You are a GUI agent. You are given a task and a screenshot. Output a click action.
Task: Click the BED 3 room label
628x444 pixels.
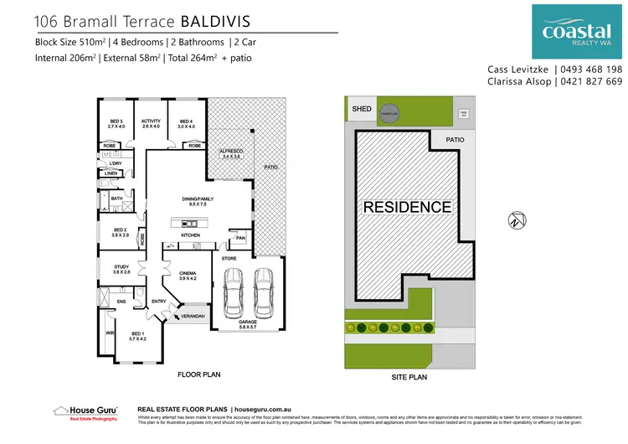coord(116,123)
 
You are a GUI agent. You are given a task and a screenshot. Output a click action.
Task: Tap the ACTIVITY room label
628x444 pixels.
coord(151,123)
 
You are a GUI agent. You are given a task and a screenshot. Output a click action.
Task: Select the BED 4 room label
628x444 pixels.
coord(186,123)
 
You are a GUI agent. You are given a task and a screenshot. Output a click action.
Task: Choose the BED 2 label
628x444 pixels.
coord(120,232)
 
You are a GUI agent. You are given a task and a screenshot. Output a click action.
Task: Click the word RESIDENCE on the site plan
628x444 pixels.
coord(407,207)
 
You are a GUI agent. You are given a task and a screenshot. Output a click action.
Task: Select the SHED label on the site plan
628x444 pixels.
coord(361,109)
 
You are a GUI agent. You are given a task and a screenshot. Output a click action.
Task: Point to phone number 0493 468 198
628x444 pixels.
coord(591,69)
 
